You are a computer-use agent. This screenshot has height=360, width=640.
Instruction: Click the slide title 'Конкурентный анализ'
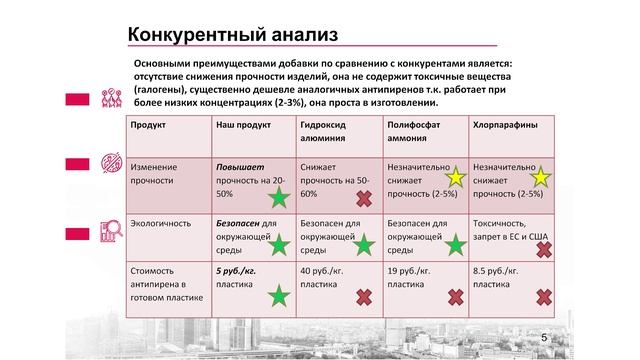pos(232,34)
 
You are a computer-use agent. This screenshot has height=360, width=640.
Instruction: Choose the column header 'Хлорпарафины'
pos(503,126)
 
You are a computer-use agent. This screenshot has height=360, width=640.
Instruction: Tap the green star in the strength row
pos(279,196)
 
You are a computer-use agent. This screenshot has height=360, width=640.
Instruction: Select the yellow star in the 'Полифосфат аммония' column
pos(455,178)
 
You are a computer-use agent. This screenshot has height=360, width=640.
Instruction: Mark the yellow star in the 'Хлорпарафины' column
pos(540,178)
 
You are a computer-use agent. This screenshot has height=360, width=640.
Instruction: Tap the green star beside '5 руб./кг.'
pos(279,294)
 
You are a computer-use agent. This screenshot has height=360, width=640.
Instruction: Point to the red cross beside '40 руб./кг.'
pos(364,296)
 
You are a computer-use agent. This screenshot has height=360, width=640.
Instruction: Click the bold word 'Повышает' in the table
pos(241,166)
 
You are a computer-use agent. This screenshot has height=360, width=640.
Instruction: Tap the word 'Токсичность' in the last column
pos(498,223)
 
